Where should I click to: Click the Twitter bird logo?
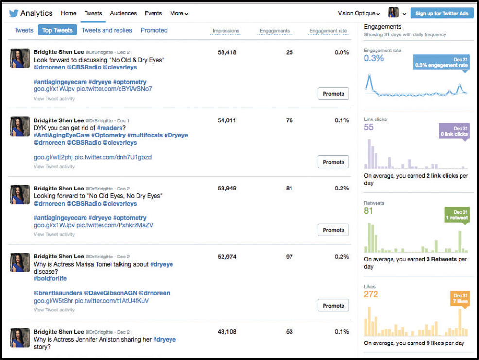[14, 13]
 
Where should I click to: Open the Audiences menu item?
[123, 13]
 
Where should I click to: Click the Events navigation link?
[153, 13]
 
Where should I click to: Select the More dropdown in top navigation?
[179, 13]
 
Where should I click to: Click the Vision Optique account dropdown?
[359, 13]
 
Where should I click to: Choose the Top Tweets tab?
[57, 30]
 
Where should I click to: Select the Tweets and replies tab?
[106, 30]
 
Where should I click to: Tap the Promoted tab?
[154, 30]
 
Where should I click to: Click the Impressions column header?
[226, 31]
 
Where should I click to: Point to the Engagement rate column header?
[328, 31]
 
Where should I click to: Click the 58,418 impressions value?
[227, 52]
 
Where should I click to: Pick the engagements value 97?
[289, 257]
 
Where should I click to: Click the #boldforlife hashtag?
[50, 279]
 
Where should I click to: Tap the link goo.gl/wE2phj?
[53, 157]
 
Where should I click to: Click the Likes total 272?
[371, 294]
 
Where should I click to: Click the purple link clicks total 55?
[369, 127]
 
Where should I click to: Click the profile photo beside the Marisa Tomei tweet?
[20, 262]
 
